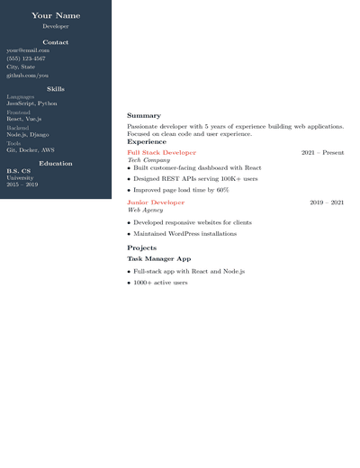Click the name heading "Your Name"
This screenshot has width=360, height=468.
[56, 15]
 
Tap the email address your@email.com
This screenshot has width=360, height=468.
[28, 50]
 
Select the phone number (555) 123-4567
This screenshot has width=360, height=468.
[26, 58]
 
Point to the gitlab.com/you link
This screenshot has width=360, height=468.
[28, 75]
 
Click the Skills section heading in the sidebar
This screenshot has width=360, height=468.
[56, 89]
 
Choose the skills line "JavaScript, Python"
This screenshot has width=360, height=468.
[31, 103]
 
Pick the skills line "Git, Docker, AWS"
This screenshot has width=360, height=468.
[31, 150]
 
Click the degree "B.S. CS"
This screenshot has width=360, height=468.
[19, 170]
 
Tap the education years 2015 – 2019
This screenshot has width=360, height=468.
[22, 184]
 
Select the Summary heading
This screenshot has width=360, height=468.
[144, 116]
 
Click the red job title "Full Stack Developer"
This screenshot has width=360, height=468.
[161, 153]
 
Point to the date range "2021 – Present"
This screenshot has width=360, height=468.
[322, 153]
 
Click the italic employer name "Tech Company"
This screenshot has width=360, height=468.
[148, 160]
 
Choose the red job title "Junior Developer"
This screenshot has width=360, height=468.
[156, 202]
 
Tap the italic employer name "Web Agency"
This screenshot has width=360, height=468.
[145, 210]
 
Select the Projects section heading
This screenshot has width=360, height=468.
[142, 247]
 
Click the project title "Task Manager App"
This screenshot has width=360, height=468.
[159, 258]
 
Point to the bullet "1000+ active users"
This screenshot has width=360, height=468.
[160, 283]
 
